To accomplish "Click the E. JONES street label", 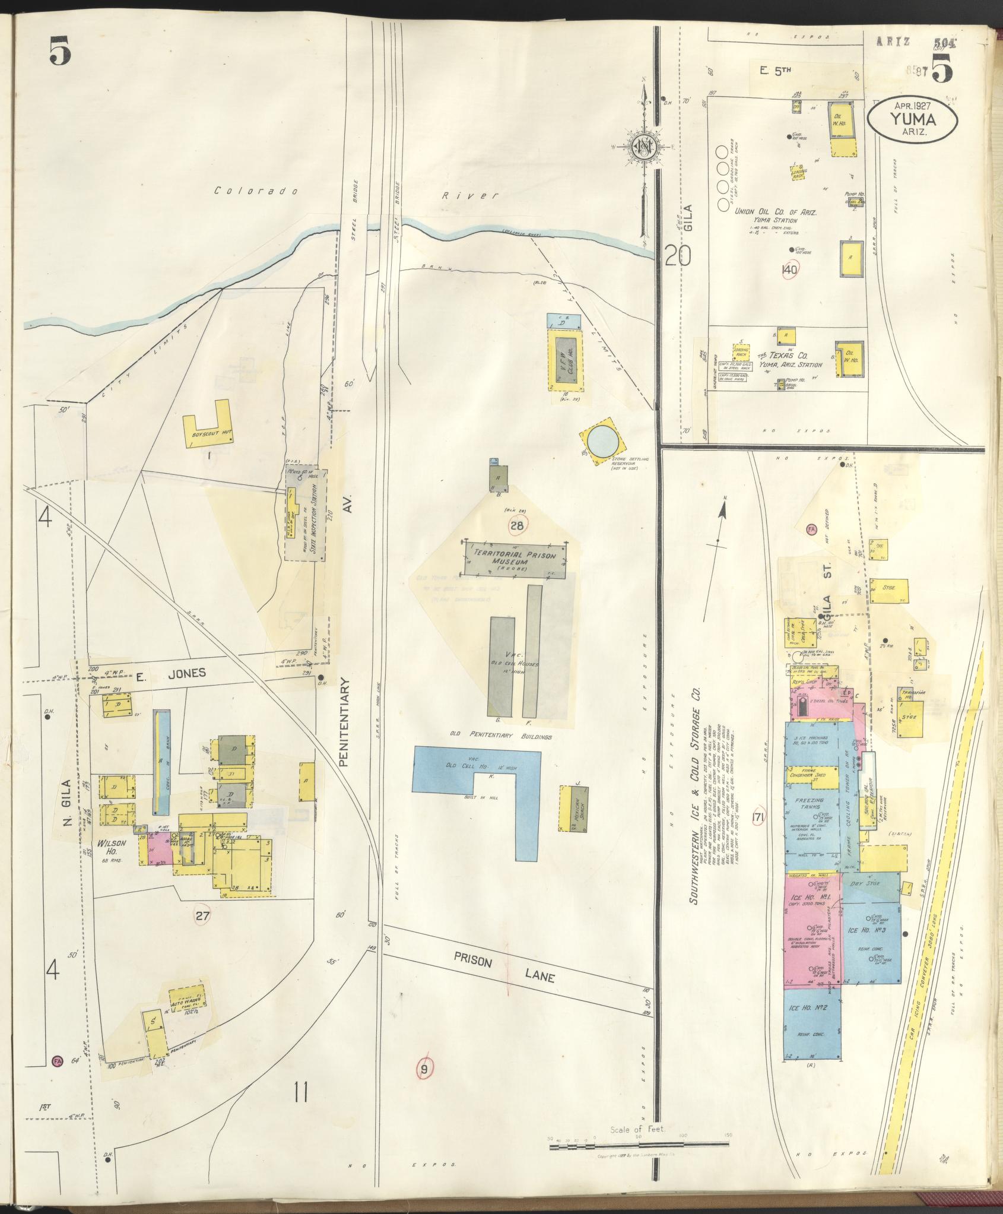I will click(170, 673).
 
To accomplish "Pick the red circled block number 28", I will click(516, 525).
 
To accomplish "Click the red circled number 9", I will click(424, 1069).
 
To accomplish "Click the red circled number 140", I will click(790, 269).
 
